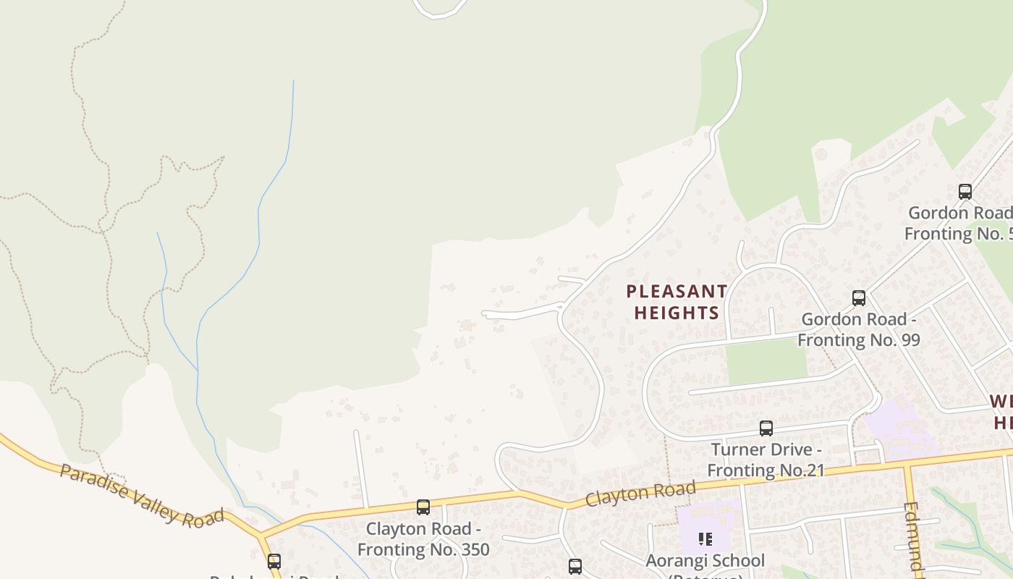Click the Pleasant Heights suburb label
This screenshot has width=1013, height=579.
click(677, 302)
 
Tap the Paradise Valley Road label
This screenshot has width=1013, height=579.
click(141, 496)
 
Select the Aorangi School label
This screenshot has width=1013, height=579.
click(705, 561)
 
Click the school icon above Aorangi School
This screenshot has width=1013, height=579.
click(705, 538)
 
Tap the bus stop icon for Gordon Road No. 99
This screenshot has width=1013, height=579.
click(859, 297)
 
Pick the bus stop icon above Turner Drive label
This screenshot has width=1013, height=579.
click(766, 428)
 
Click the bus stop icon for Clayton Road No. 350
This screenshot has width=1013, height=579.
click(423, 507)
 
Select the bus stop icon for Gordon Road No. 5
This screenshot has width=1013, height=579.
click(965, 191)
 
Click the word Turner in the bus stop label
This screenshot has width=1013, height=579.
click(740, 449)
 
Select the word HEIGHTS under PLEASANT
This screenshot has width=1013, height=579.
click(677, 313)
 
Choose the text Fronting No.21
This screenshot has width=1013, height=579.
click(766, 470)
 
